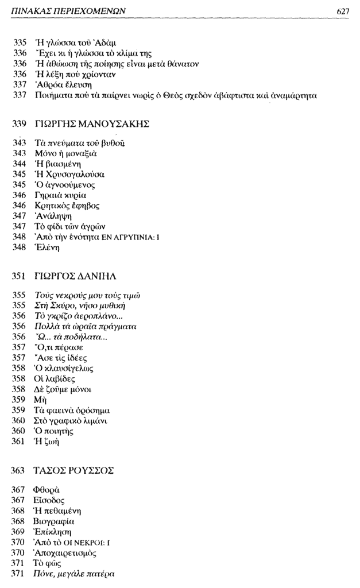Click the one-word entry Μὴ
41,400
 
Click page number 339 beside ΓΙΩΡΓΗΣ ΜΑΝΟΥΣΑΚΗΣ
20,123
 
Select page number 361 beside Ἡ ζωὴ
20,442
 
